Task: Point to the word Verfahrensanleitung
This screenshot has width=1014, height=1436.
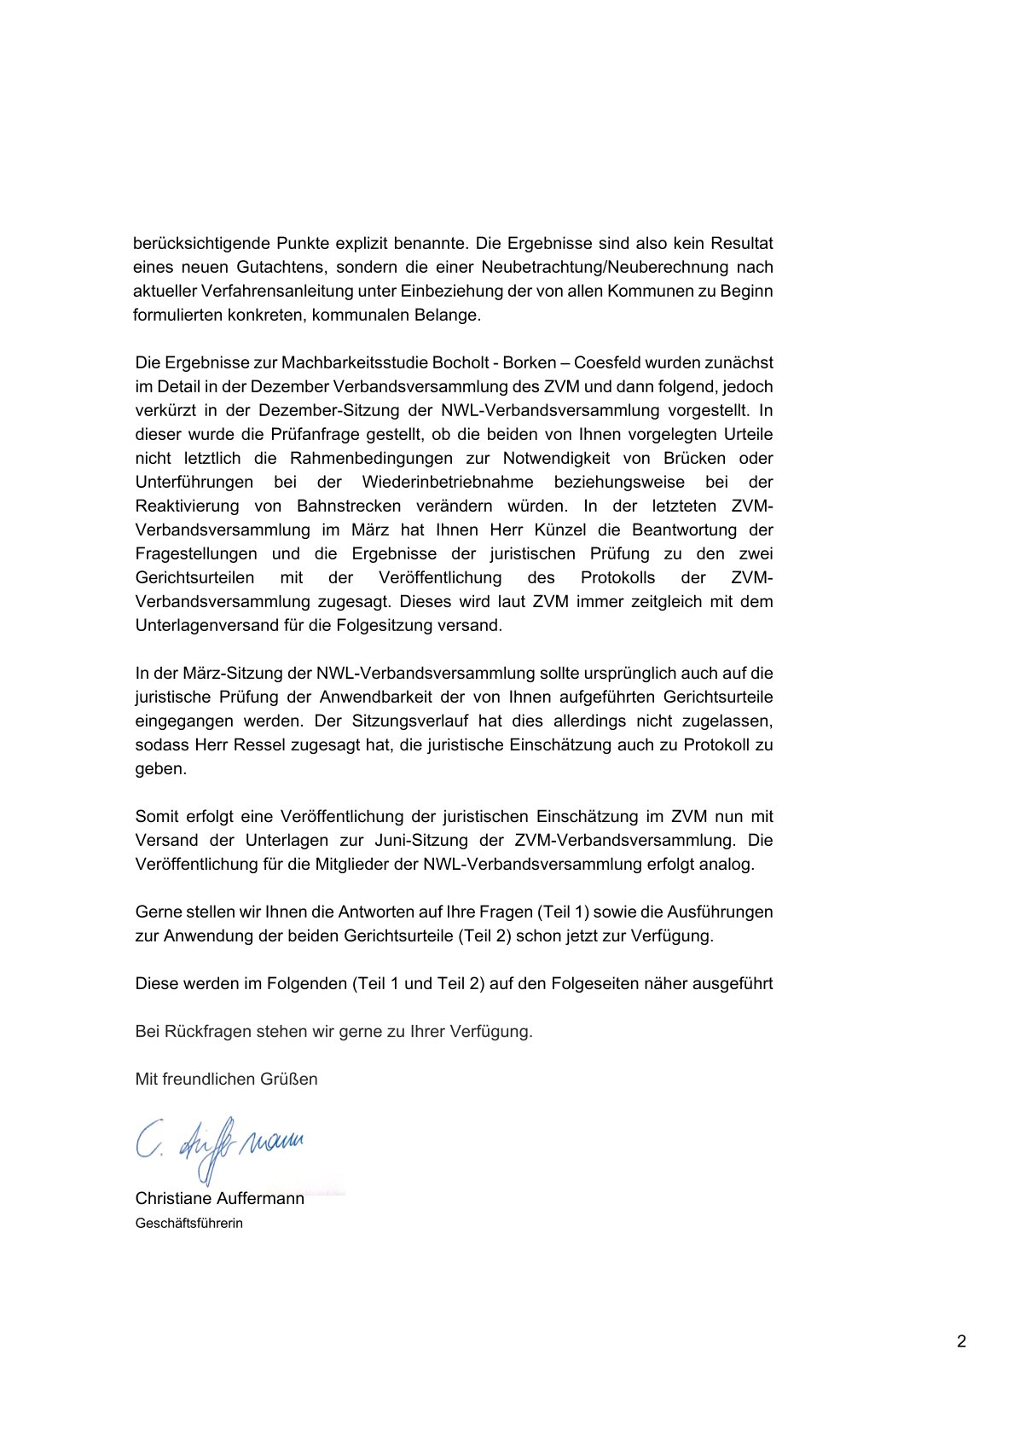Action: pyautogui.click(x=275, y=291)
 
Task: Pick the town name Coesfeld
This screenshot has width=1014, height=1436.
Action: pyautogui.click(x=609, y=362)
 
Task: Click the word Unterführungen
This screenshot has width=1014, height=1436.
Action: pyautogui.click(x=194, y=482)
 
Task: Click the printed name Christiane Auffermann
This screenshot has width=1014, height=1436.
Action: pyautogui.click(x=220, y=1198)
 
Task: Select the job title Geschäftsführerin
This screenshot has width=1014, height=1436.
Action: pyautogui.click(x=189, y=1223)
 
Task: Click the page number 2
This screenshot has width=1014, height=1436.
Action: pyautogui.click(x=961, y=1341)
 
